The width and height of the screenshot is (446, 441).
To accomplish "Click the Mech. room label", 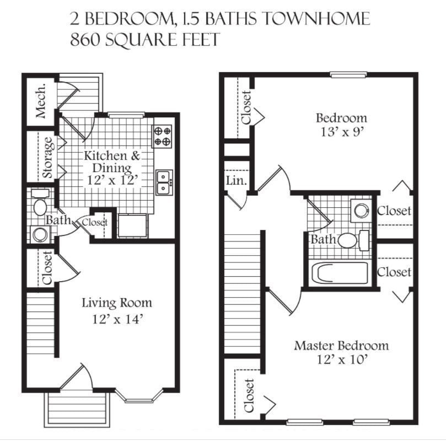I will [41, 101].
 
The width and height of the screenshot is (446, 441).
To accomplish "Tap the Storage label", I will [49, 157].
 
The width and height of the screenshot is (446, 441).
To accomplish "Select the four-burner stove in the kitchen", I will [163, 136].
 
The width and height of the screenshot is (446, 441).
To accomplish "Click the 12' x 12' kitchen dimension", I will [112, 180].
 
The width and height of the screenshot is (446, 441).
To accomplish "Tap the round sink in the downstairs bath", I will [40, 234].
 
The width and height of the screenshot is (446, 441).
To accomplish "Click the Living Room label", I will [116, 303].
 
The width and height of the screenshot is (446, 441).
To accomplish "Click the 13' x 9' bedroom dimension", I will [341, 132].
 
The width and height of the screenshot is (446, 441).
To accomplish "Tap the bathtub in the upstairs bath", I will [338, 274].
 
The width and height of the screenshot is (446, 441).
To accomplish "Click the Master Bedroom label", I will [341, 346].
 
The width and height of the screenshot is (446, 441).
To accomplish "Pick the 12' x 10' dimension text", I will [341, 361].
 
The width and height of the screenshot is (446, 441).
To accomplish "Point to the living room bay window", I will [139, 396].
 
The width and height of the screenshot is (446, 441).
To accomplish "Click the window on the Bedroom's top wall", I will [348, 74].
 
